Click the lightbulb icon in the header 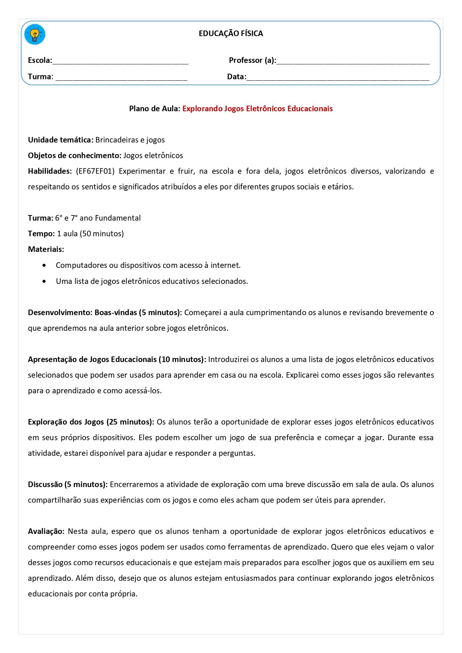(35, 35)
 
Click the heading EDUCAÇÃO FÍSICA (231, 33)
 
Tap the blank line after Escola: (120, 61)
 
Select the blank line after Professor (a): (353, 61)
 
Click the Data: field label (236, 77)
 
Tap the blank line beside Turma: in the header (121, 77)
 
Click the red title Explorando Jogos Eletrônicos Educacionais (257, 109)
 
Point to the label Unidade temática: (61, 140)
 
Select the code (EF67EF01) (95, 171)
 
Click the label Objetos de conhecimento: (74, 156)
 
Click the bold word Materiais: (46, 249)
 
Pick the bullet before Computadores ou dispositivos (45, 265)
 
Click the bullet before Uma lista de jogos (45, 281)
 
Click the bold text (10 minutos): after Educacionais (182, 359)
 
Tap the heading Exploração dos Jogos (66, 422)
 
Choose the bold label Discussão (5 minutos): (68, 484)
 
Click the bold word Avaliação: (46, 531)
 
